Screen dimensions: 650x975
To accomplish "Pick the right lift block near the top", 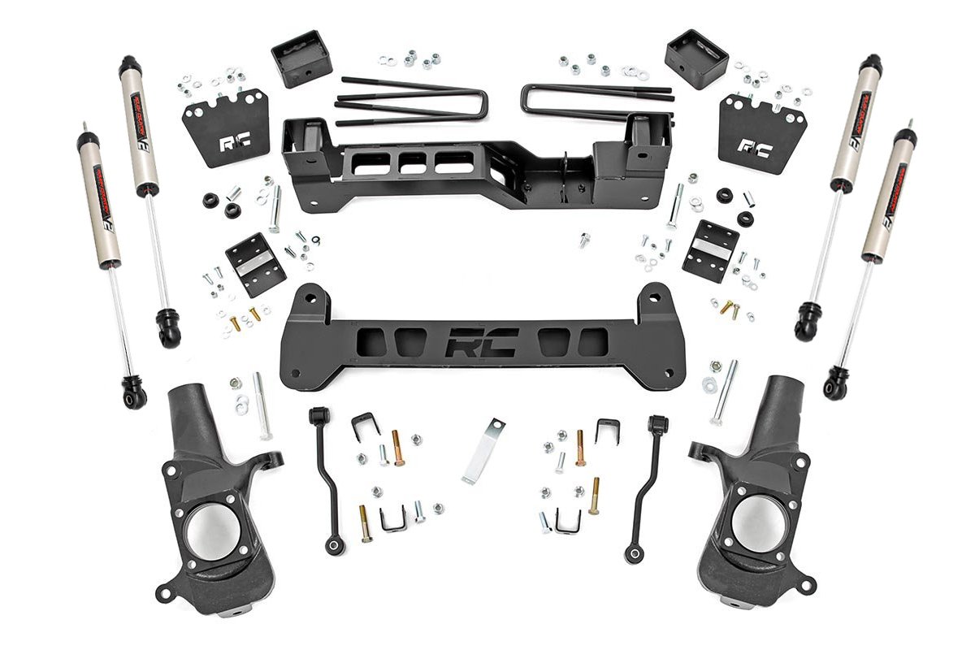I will (x=696, y=58).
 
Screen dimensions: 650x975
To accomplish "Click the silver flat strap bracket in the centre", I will (x=483, y=450).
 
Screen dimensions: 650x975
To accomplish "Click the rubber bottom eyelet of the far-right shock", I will (x=835, y=385).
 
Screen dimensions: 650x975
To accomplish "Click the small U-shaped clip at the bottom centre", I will (x=393, y=520).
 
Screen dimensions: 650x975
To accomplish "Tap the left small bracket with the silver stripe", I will (x=254, y=263).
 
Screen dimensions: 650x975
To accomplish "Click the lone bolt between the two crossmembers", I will (x=583, y=240).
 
